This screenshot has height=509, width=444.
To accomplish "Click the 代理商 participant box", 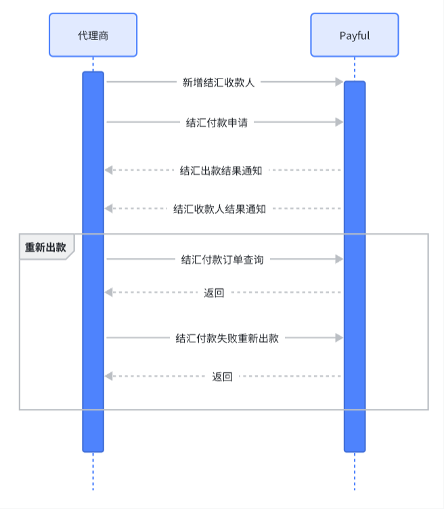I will point(93,35).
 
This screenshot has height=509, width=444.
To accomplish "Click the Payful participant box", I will point(354,35).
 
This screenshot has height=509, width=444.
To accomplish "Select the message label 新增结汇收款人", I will point(218,82).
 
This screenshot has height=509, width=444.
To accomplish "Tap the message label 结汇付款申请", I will point(217,123).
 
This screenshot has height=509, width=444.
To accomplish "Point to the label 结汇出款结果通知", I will point(221,171).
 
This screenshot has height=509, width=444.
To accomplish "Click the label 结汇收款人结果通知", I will point(219,209).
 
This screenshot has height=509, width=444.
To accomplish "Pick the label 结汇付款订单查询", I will point(221,259).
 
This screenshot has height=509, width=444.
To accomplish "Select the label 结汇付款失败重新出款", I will point(227,338).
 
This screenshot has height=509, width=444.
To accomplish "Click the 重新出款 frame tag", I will point(45,247).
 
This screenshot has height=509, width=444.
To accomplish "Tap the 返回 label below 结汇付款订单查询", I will point(214,293).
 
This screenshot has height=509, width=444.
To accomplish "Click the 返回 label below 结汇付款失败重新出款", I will point(222,377).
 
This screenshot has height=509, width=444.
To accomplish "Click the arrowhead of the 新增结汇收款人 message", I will point(339,82).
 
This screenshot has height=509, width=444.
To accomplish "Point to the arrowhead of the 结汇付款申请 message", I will point(339,123).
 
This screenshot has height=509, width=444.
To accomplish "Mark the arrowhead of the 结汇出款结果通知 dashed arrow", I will point(109,171).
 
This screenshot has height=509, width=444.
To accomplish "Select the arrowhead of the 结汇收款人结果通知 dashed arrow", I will point(109,209).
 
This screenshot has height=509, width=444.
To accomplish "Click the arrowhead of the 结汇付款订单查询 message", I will point(339,259).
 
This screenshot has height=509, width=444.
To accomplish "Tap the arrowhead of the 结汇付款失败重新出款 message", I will point(339,338).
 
